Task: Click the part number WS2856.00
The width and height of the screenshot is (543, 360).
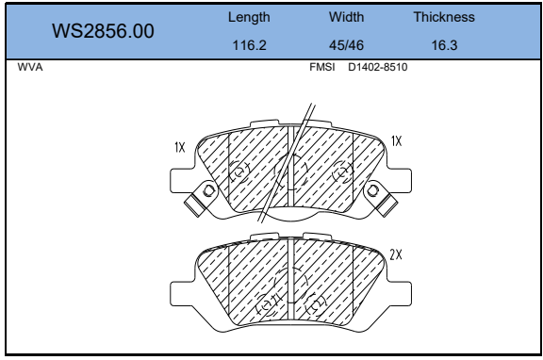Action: [103, 31]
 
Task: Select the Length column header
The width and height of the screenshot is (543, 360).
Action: [249, 17]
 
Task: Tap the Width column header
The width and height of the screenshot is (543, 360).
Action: [346, 17]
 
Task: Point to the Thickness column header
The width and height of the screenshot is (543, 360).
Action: [444, 17]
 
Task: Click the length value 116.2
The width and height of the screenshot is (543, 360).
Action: [249, 45]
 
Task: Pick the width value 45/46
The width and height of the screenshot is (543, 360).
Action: [346, 45]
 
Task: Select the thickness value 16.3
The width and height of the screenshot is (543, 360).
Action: [444, 45]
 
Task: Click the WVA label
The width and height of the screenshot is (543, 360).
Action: [30, 67]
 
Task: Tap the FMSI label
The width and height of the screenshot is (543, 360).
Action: [322, 67]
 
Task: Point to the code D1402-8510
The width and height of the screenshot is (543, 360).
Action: [377, 67]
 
